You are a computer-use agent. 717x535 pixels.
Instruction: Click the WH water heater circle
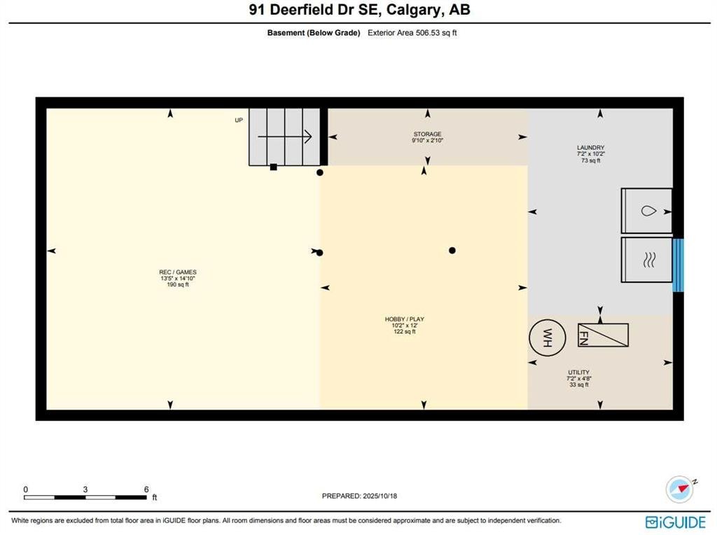coord(546,337)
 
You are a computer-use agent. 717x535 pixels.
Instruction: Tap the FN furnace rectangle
coord(603,335)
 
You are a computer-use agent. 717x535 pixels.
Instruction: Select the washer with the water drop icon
coord(647,210)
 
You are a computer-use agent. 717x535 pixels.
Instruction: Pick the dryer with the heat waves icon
coord(647,260)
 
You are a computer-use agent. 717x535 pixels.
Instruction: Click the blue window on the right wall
coord(677,265)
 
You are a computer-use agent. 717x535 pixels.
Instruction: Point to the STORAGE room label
coord(427,134)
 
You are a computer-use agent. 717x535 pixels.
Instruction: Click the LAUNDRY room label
coord(590,148)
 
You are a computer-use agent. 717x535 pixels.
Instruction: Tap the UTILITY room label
coord(578,373)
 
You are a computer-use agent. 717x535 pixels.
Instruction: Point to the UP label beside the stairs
coord(239,120)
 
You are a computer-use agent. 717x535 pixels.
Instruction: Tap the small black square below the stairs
coord(274,167)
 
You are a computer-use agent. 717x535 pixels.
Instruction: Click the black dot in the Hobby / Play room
coord(452,250)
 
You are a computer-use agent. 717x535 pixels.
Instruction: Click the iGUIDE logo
coord(676,522)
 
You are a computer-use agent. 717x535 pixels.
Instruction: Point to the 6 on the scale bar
coord(146,489)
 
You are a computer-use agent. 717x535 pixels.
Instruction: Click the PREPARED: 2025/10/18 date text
coord(359,496)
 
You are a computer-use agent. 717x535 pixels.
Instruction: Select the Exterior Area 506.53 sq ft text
coord(412,32)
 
